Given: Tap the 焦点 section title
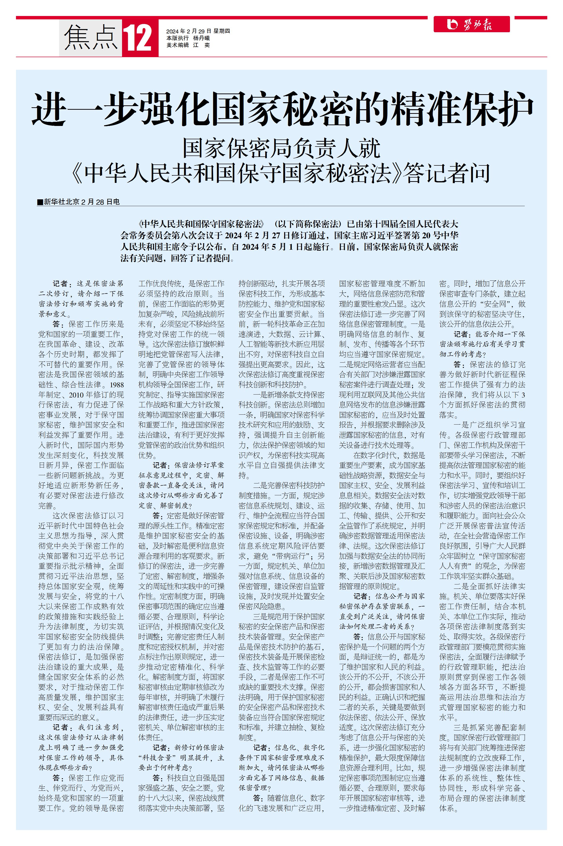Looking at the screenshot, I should (91, 38).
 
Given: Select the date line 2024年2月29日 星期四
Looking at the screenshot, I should (198, 31).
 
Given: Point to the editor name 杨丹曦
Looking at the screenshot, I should (201, 38).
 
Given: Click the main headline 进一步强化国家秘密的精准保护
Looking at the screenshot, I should (282, 109).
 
